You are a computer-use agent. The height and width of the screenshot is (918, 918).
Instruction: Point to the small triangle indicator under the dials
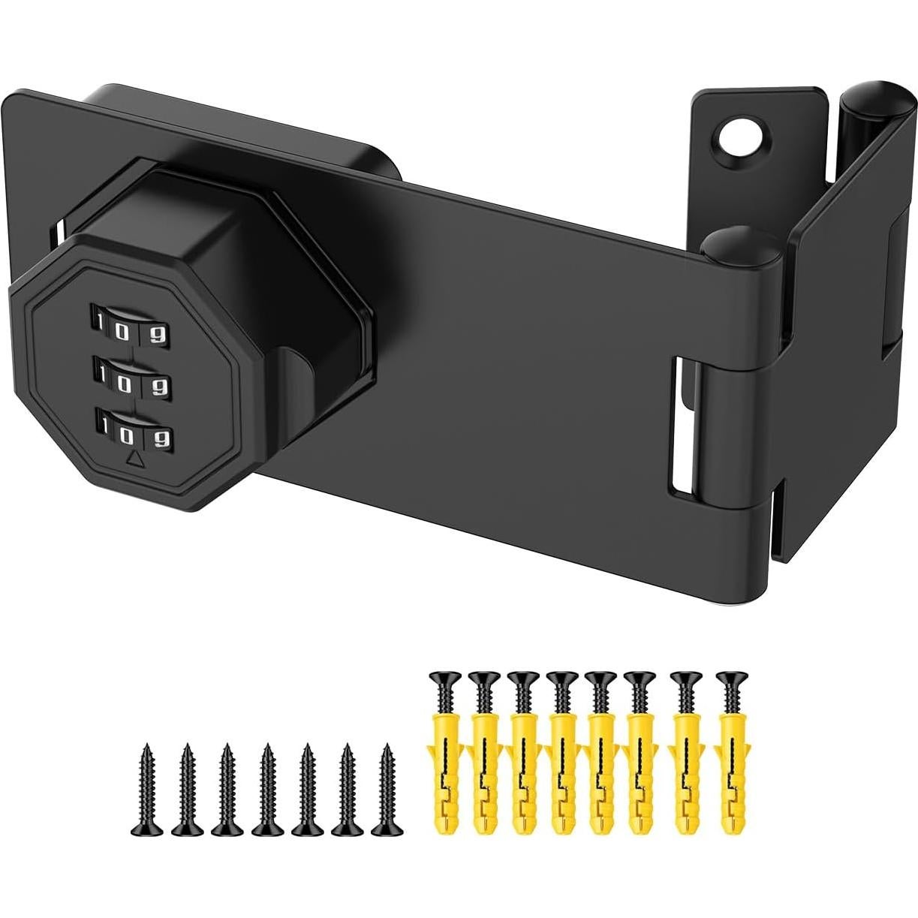pos(136,459)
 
